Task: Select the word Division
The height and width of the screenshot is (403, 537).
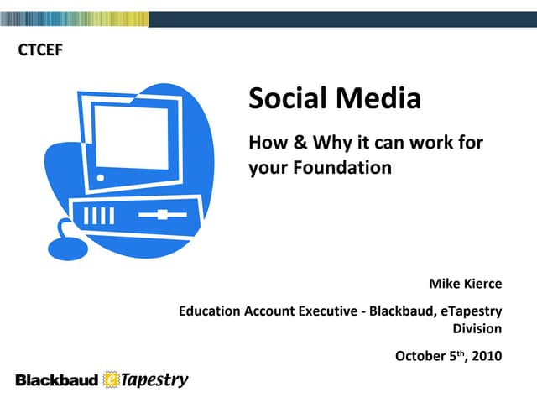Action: (x=477, y=328)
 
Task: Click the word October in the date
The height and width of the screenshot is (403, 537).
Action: (x=420, y=356)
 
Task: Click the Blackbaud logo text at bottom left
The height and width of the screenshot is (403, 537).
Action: (x=56, y=380)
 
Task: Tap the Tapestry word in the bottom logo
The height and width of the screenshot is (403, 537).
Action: (x=155, y=380)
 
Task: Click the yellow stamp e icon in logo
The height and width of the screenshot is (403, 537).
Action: (x=112, y=380)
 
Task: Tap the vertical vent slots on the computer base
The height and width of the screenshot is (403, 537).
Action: (x=97, y=217)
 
